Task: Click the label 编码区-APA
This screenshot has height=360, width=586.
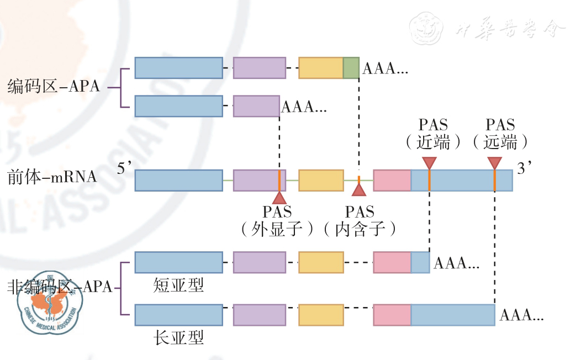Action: click(54, 87)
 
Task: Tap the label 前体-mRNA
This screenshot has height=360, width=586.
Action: click(52, 178)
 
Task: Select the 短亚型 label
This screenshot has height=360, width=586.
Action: click(178, 285)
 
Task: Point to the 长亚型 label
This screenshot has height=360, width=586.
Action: click(178, 337)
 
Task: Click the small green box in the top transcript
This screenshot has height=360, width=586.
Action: click(351, 67)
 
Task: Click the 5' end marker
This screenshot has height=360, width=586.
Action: click(124, 169)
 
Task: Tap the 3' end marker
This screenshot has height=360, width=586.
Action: click(524, 169)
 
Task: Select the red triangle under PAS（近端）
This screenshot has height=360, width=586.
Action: click(429, 163)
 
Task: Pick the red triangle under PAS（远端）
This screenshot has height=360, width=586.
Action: click(494, 163)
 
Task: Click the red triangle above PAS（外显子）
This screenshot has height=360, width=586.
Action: click(279, 197)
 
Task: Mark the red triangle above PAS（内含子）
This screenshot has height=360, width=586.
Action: click(359, 190)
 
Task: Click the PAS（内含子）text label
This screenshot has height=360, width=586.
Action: click(359, 220)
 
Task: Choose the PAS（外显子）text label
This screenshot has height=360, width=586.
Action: click(278, 220)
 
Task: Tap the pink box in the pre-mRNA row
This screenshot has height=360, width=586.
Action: click(392, 181)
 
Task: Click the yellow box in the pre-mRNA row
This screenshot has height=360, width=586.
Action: click(321, 181)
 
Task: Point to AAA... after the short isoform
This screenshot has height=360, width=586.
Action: click(456, 263)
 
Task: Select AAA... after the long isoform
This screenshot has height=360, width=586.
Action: click(521, 315)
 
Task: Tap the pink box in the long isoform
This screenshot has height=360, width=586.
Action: click(392, 315)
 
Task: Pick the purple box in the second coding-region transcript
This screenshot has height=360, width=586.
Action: click(256, 106)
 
